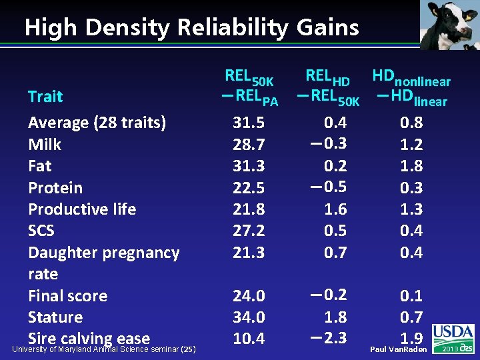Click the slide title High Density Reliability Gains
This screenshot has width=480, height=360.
click(x=191, y=28)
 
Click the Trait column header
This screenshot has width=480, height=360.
click(x=45, y=97)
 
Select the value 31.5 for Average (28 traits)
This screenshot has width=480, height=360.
click(x=249, y=123)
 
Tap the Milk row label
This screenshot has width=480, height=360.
click(x=45, y=145)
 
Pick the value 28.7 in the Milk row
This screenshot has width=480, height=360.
click(x=249, y=145)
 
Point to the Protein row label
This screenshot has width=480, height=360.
click(x=55, y=188)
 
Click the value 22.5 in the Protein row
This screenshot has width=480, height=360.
click(x=249, y=188)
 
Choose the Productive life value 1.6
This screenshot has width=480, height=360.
click(x=335, y=209)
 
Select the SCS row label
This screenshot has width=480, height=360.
click(x=41, y=231)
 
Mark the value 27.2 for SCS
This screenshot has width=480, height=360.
click(x=249, y=231)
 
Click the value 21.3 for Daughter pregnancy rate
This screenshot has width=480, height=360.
click(x=249, y=253)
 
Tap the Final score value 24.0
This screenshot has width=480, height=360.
click(x=249, y=295)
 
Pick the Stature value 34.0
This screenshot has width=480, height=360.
click(x=249, y=317)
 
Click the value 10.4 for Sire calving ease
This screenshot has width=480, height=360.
click(x=249, y=339)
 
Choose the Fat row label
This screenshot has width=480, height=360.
click(x=39, y=166)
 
